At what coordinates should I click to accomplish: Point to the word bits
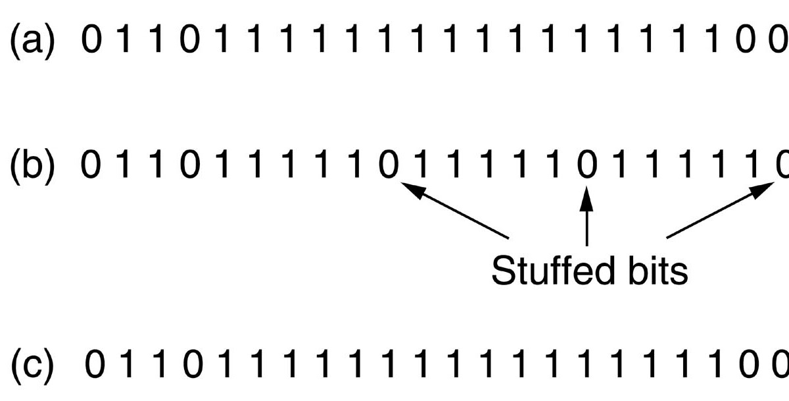pos(654,271)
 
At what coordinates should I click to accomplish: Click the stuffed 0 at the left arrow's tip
pos(389,165)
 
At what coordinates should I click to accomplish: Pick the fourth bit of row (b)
pos(190,165)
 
